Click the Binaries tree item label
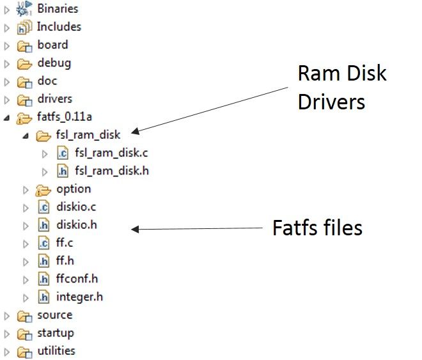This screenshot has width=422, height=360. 57,9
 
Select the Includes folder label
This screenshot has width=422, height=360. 59,27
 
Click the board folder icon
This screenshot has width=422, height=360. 24,45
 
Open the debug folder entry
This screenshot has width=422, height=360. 54,63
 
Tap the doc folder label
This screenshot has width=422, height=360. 47,81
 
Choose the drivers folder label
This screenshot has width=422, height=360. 54,99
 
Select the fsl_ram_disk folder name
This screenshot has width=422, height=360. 88,136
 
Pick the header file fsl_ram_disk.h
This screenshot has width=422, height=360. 112,171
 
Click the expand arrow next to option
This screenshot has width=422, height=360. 26,189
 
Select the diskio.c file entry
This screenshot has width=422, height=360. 76,207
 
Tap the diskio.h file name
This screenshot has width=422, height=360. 76,225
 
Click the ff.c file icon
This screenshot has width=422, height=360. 43,243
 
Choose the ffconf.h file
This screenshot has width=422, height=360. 77,279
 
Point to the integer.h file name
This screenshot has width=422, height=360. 79,297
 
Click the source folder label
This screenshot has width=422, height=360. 54,315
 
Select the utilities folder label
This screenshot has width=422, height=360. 56,351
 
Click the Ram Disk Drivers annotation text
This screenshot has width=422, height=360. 341,87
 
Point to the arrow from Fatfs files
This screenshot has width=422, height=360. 198,228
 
